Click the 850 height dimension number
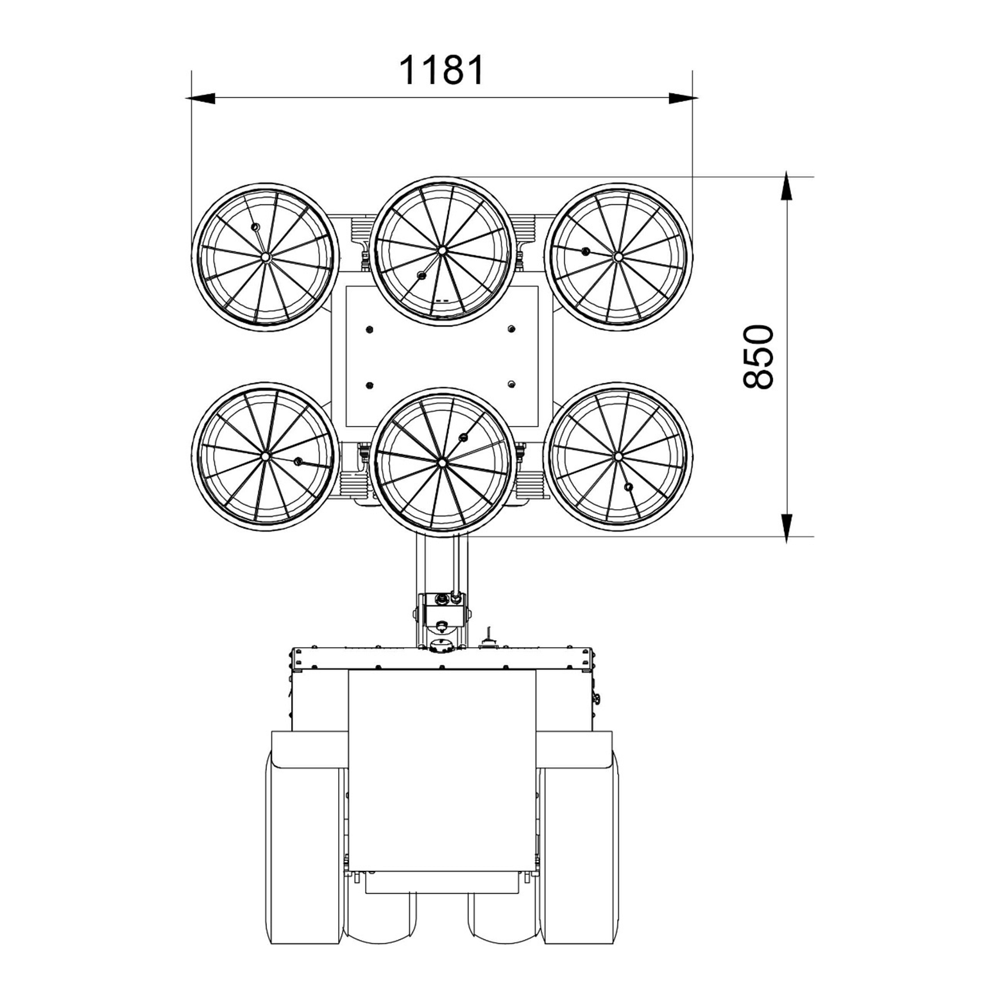[758, 357]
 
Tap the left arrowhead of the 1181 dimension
[200, 98]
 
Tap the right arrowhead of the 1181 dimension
[683, 98]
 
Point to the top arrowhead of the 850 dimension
[787, 187]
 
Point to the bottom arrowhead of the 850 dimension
[787, 527]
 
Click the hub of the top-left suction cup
[265, 257]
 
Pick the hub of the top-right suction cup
[618, 257]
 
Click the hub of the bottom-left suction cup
[265, 456]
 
